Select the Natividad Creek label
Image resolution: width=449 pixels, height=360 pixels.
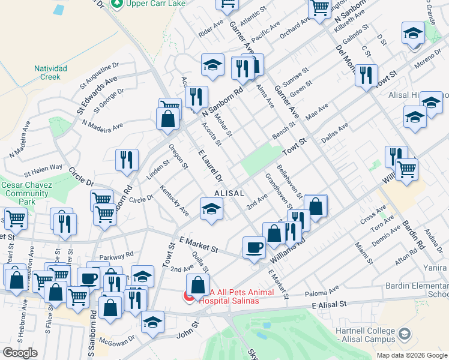click(50, 73)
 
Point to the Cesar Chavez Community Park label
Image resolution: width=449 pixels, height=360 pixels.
click(25, 190)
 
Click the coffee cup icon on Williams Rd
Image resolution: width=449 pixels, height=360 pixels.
click(254, 247)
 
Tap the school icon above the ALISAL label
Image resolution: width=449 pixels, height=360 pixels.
click(211, 210)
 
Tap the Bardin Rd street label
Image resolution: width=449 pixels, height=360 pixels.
click(414, 236)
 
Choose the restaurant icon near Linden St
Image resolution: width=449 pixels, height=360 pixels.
click(127, 161)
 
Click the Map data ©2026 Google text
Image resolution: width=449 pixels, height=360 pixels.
click(411, 355)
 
